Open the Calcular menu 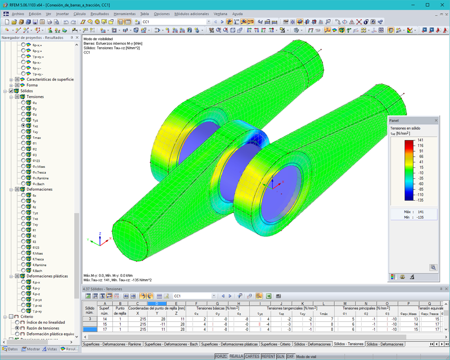(x=79, y=14)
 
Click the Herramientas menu (x=125, y=14)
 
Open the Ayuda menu (x=237, y=14)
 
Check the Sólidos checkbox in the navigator (x=11, y=91)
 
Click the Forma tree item (x=32, y=85)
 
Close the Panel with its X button (x=436, y=121)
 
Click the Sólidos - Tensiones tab (x=348, y=344)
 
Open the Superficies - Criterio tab (x=275, y=344)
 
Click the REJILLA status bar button (x=236, y=356)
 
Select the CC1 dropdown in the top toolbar (x=175, y=22)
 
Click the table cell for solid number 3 (x=90, y=319)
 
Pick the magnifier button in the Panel (x=433, y=267)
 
